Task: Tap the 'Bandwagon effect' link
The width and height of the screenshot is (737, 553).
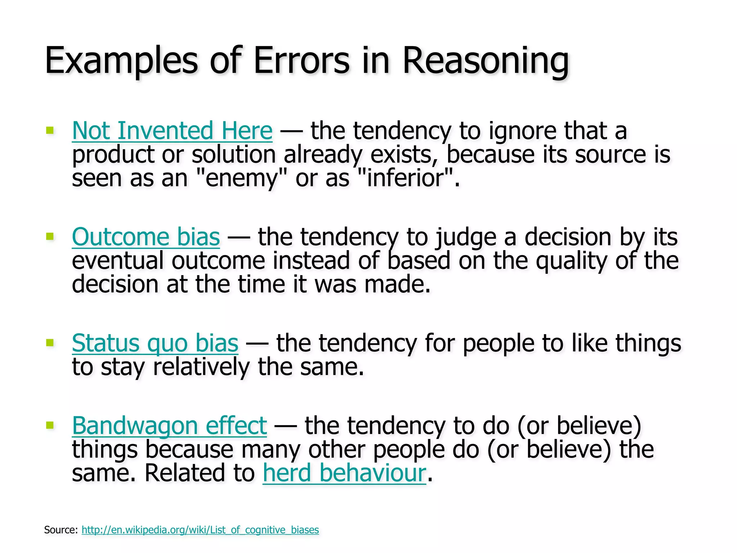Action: point(169,426)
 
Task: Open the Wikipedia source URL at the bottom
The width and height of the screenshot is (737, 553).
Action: point(200,530)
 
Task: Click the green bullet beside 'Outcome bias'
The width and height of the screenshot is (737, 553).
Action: point(50,237)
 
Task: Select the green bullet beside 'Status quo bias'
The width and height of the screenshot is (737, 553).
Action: point(50,342)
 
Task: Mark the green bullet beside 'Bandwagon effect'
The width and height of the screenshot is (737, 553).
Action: point(50,425)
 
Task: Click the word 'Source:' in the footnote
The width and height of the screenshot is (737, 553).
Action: point(61,530)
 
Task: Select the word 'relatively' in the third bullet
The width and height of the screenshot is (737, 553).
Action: point(201,367)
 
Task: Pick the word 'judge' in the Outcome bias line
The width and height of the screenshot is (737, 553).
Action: point(465,238)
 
